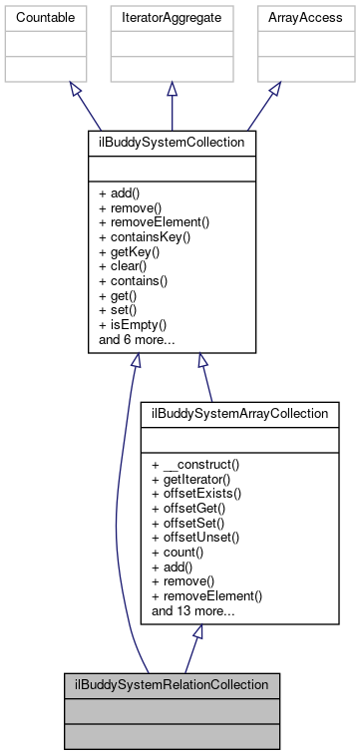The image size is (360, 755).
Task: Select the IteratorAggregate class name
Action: coord(173,17)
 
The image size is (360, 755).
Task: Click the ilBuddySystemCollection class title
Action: coord(173,144)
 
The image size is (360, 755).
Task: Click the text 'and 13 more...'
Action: coord(193,610)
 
